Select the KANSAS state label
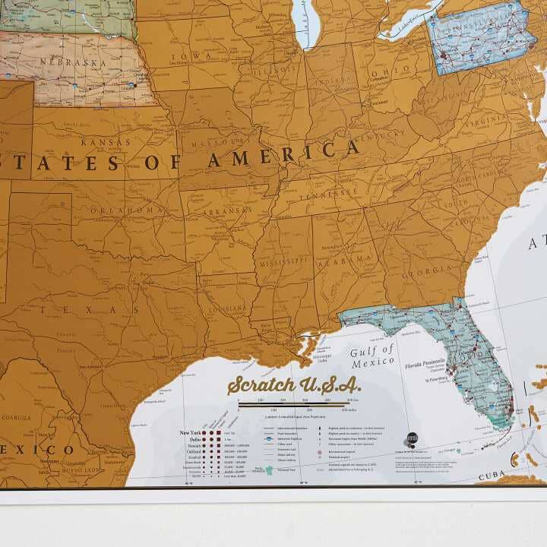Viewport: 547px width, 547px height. click(106, 142)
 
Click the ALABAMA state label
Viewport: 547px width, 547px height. click(345, 259)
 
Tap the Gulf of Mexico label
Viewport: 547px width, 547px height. click(372, 356)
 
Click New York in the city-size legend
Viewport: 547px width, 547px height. click(190, 433)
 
